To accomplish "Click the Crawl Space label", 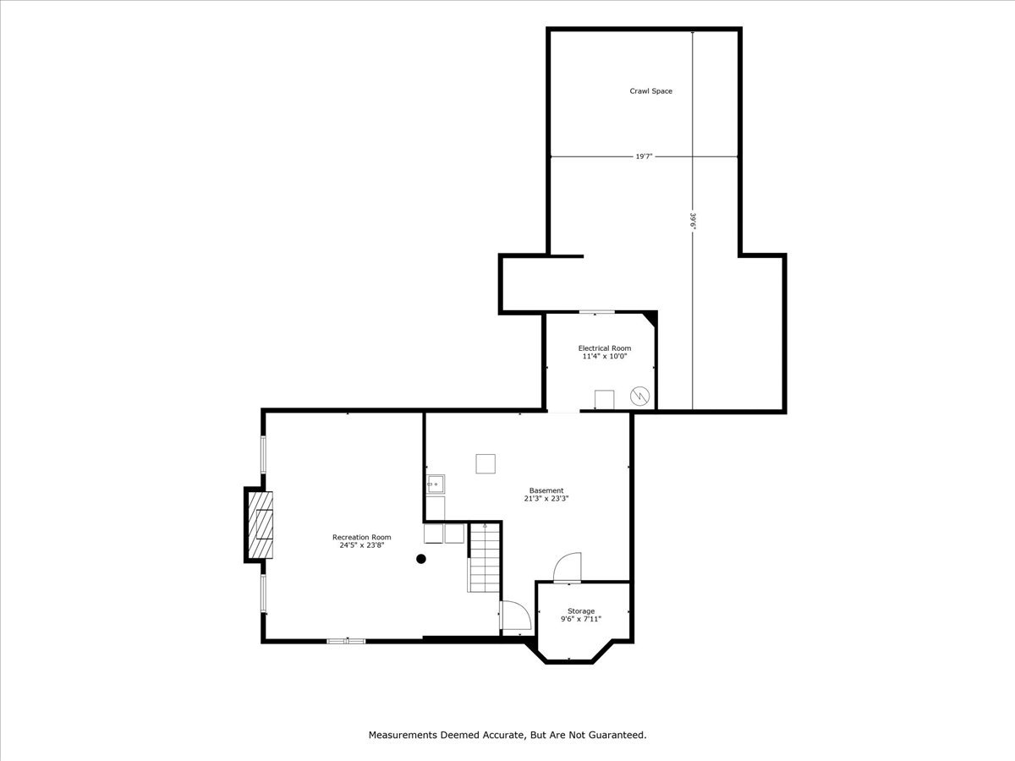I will click(x=650, y=91).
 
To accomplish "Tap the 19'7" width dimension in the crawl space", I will click(x=644, y=156).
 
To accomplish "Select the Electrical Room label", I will click(x=604, y=348).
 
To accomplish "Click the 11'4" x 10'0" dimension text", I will click(x=604, y=357).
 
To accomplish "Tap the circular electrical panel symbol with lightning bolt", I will click(x=641, y=395).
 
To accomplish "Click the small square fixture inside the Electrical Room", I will click(x=604, y=399).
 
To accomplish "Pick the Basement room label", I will click(x=546, y=490).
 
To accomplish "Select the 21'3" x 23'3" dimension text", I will click(x=546, y=499).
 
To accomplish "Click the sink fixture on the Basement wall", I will click(x=436, y=485).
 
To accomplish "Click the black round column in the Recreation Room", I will click(x=421, y=558).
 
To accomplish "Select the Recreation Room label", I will click(x=361, y=537).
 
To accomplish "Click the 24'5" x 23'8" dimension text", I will click(x=361, y=545).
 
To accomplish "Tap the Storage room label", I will click(x=581, y=610).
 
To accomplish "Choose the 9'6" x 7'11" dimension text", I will click(x=581, y=619).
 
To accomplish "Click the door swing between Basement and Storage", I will click(x=568, y=567).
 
